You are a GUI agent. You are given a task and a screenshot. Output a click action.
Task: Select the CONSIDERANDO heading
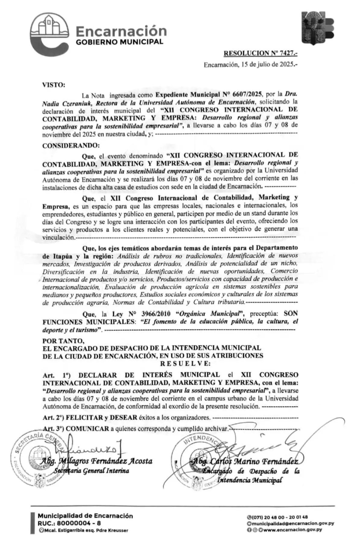point(71,145)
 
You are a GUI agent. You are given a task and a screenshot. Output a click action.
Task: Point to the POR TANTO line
point(62,341)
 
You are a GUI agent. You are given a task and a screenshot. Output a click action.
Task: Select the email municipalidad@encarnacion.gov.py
point(292,523)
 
